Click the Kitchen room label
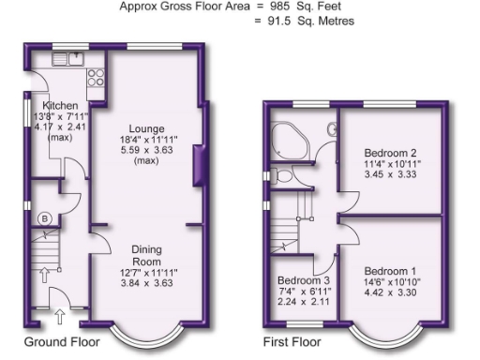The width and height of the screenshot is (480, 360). pyautogui.click(x=52, y=105)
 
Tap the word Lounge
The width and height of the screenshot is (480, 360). pyautogui.click(x=148, y=128)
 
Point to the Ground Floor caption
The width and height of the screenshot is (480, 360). pyautogui.click(x=63, y=341)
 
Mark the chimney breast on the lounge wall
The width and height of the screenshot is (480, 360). pyautogui.click(x=195, y=172)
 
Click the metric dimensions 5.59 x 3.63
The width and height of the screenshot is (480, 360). pyautogui.click(x=148, y=149)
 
